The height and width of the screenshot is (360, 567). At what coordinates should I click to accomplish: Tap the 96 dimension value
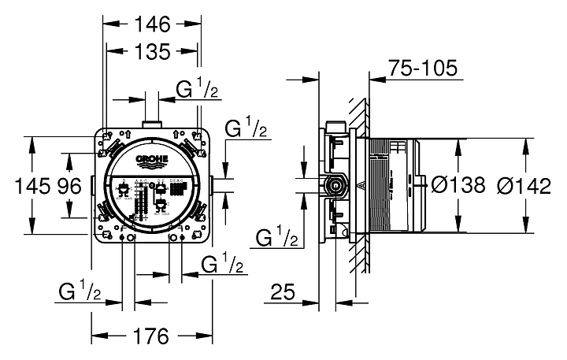69,187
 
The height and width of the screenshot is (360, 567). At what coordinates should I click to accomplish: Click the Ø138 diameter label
458,186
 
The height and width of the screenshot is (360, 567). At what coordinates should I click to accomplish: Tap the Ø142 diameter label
526,186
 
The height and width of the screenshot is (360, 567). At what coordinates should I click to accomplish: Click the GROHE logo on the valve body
154,161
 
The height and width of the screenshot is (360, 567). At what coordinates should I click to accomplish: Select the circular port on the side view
336,187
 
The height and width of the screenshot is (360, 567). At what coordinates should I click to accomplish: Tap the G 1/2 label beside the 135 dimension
198,90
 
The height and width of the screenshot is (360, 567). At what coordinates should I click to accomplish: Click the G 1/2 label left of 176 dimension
80,292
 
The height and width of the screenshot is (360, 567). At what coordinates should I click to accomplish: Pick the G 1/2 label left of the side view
277,236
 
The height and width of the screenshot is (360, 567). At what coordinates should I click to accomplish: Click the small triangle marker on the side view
359,187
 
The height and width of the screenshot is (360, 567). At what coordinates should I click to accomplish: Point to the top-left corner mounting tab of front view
105,135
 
